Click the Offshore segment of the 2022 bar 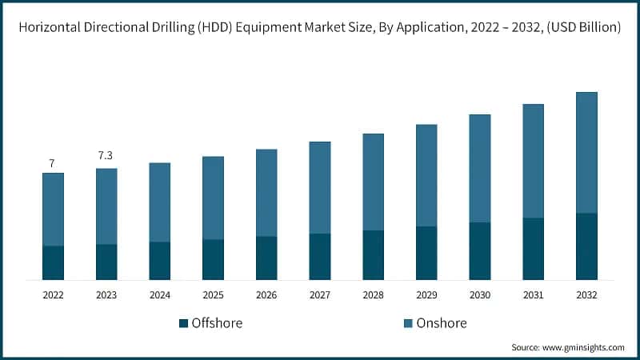[53, 262]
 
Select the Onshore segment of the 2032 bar [586, 152]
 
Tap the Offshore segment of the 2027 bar [320, 256]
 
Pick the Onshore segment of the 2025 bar [213, 198]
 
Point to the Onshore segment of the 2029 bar [426, 175]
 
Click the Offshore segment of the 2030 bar [480, 250]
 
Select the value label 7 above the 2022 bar [52, 163]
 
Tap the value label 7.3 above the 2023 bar [106, 155]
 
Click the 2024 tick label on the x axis [160, 295]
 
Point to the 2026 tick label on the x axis [266, 295]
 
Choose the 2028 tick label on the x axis [373, 295]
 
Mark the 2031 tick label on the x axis [533, 295]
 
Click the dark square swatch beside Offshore [183, 323]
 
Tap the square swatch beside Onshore [407, 323]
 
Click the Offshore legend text [217, 323]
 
